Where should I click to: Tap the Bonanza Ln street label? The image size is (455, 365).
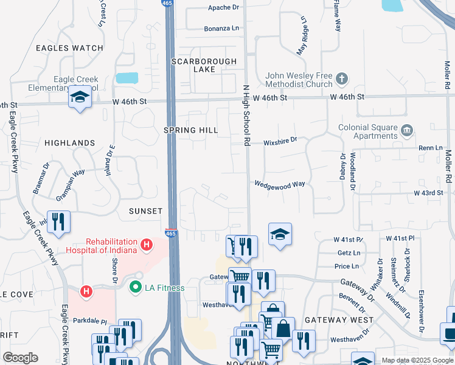(x=221, y=29)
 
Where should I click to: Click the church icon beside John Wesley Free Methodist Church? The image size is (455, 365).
(x=342, y=78)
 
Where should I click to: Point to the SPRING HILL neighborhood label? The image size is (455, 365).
(x=190, y=130)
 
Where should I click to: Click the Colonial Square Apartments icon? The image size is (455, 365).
(x=406, y=130)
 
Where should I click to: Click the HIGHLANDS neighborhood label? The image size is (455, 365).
(x=69, y=143)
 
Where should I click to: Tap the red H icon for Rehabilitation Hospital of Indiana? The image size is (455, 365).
(x=146, y=245)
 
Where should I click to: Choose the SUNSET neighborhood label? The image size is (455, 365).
(x=145, y=211)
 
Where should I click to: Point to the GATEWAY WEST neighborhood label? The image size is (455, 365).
(x=339, y=320)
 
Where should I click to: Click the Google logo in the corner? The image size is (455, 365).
(x=20, y=358)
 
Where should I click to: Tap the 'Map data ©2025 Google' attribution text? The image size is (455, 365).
(x=417, y=360)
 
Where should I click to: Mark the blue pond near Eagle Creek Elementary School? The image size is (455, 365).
(x=127, y=78)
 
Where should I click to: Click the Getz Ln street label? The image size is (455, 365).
(x=345, y=252)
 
